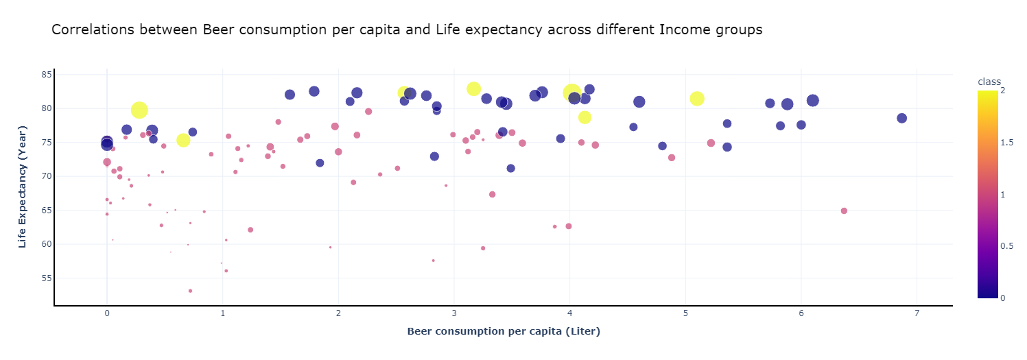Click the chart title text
(407, 30)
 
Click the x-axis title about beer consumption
(504, 331)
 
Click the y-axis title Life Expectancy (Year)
(23, 187)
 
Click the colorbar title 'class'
(989, 82)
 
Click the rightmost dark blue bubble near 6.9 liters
(901, 118)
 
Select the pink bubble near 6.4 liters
(844, 211)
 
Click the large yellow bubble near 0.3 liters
(139, 110)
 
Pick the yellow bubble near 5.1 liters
(697, 99)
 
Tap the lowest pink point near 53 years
(190, 291)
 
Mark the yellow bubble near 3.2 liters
(473, 89)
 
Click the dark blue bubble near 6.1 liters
(813, 101)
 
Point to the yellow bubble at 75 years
(183, 140)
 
